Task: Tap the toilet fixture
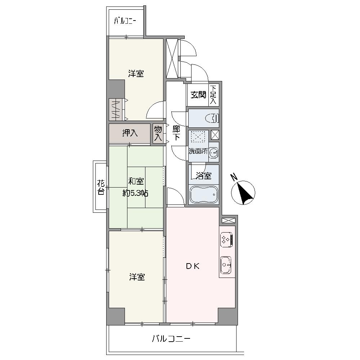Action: pos(213,118)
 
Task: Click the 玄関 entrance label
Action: pos(198,95)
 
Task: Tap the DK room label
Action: pos(192,266)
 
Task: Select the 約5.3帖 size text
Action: pos(135,193)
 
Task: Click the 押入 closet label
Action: pos(130,133)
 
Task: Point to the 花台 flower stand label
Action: pos(101,187)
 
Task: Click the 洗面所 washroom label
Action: pos(198,151)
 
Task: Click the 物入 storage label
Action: pos(158,133)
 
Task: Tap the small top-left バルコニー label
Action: pos(125,21)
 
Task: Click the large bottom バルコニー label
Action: pos(171,339)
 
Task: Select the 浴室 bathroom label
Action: pos(203,176)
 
